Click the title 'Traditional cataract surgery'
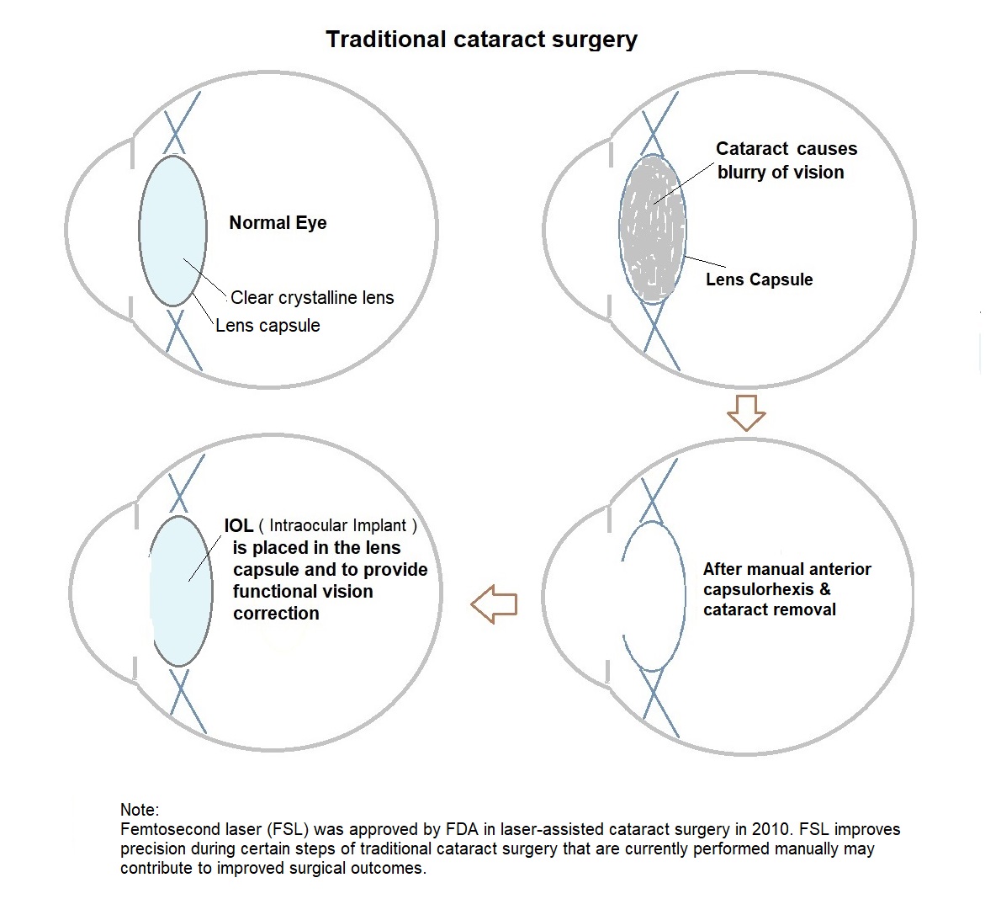(x=481, y=40)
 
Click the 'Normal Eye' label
(x=278, y=223)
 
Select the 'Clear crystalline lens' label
(x=312, y=297)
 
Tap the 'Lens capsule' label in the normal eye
(x=267, y=325)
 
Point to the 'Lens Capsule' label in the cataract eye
(x=759, y=279)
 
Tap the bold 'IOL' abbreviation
(x=239, y=525)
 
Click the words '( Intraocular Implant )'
(x=337, y=526)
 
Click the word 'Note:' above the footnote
(x=139, y=810)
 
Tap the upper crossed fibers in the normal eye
(x=182, y=122)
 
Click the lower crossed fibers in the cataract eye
(x=660, y=337)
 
